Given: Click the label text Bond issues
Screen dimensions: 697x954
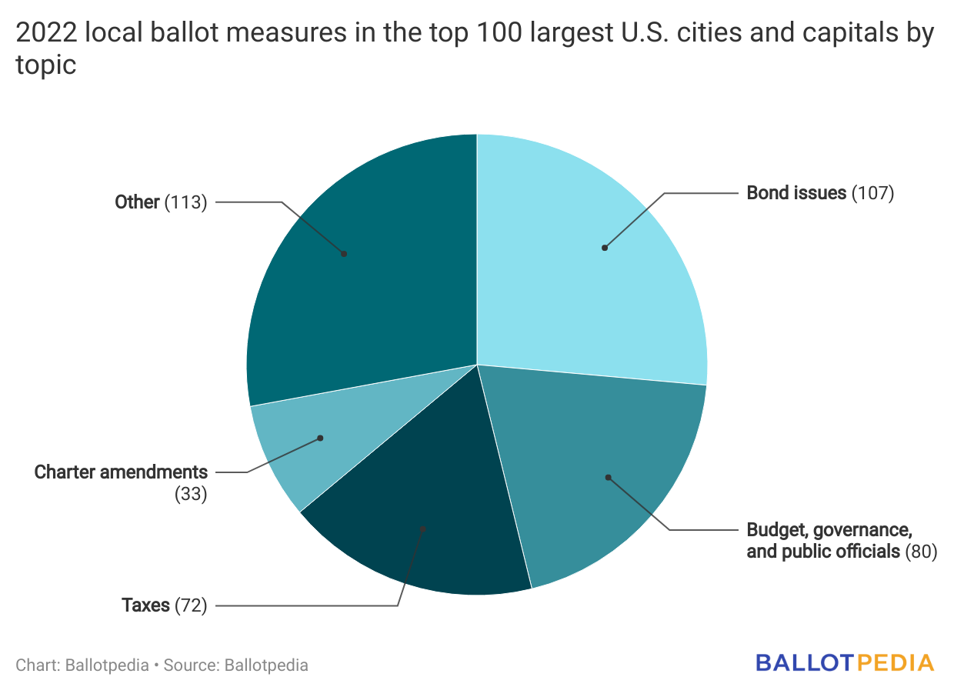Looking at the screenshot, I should [x=796, y=192].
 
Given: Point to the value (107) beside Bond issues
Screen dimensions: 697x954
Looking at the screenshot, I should [x=872, y=192].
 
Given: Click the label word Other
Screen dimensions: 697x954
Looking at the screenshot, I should [x=137, y=202].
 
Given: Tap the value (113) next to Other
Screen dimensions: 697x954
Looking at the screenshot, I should [x=186, y=202].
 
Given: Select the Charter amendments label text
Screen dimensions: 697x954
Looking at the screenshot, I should [x=121, y=472].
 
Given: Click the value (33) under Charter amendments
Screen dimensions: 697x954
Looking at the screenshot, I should [x=191, y=494].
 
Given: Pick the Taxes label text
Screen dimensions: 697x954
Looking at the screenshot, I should [x=145, y=605].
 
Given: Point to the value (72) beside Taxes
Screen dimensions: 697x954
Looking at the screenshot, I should [x=191, y=605].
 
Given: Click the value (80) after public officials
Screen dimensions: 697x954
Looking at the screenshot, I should [x=921, y=552].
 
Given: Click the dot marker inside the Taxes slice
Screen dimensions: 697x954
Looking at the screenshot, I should [x=423, y=529].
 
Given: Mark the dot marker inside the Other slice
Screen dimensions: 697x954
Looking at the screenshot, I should [x=344, y=253].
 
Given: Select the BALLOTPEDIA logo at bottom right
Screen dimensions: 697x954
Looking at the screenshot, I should [x=844, y=663].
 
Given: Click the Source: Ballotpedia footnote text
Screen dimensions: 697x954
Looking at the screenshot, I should [x=235, y=665].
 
